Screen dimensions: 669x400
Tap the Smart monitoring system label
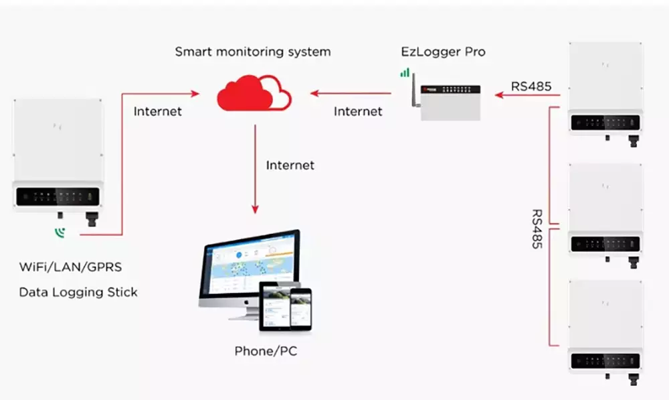click(253, 52)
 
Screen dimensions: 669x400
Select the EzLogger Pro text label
click(443, 52)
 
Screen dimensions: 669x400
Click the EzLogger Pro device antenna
click(414, 90)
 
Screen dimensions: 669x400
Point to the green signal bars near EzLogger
click(405, 72)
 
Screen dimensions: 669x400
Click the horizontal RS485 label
click(531, 86)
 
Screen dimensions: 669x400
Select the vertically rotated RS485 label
click(537, 228)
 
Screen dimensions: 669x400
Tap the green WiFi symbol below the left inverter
click(60, 233)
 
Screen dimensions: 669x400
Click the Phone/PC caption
click(266, 351)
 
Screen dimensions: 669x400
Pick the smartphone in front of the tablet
click(301, 309)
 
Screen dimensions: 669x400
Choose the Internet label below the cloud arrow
click(290, 165)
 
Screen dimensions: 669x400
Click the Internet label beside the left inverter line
click(157, 111)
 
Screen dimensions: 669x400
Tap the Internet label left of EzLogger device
click(357, 111)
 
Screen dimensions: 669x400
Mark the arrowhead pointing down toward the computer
click(255, 209)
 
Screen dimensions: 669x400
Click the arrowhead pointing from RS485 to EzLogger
click(499, 94)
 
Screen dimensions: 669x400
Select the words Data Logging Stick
click(78, 292)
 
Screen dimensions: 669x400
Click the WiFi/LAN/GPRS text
click(70, 267)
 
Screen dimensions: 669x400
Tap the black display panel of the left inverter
click(58, 197)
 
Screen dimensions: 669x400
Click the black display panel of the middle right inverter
click(605, 244)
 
